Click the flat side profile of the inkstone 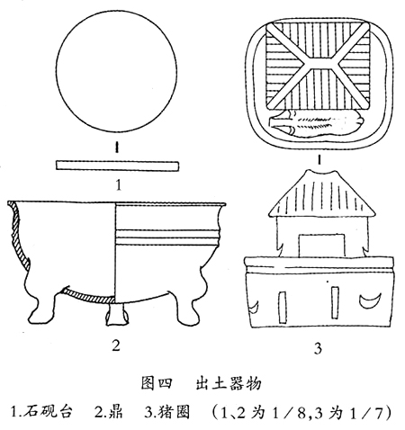pyautogui.click(x=117, y=166)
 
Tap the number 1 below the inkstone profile pyautogui.click(x=119, y=185)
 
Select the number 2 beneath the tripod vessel pyautogui.click(x=116, y=345)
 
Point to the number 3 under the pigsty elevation pyautogui.click(x=318, y=348)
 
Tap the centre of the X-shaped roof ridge pyautogui.click(x=319, y=64)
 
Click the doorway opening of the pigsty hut pyautogui.click(x=321, y=246)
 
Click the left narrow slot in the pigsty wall pyautogui.click(x=282, y=307)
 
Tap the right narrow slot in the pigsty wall pyautogui.click(x=335, y=302)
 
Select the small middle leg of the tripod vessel pyautogui.click(x=116, y=314)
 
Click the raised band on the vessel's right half pyautogui.click(x=167, y=237)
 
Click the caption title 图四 pyautogui.click(x=157, y=383)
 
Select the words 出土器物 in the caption pyautogui.click(x=229, y=383)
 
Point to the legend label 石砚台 pyautogui.click(x=49, y=412)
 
